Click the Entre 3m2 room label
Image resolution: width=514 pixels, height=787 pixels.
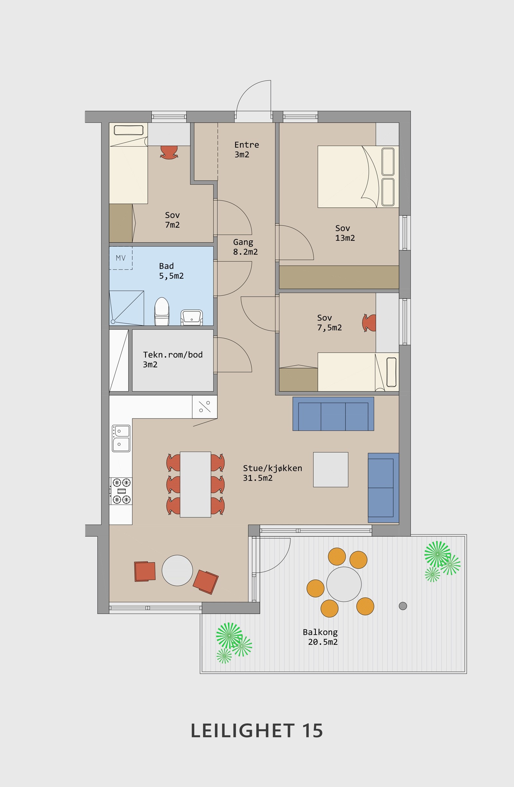247,149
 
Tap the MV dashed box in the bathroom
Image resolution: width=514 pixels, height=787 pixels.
121,258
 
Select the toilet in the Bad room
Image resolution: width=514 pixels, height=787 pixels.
162,311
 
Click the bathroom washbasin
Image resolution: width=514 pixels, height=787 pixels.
192,317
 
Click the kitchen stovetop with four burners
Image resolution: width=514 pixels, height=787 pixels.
121,491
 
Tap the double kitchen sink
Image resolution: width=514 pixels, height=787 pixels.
121,438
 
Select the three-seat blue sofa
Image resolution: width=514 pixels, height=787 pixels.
333,414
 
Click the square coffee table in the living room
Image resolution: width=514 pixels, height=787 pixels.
331,470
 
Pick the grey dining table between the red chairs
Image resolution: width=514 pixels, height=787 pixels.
195,484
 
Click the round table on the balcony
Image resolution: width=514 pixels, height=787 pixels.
344,584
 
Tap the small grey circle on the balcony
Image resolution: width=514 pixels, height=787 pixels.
403,606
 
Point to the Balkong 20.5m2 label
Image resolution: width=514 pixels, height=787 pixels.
320,637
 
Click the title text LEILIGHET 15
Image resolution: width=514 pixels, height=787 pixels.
256,731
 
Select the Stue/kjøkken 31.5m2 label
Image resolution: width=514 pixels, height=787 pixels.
272,473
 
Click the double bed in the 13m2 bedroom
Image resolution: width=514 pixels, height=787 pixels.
358,176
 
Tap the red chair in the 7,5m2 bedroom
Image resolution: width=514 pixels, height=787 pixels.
369,323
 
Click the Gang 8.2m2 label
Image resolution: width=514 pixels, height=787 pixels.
245,247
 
